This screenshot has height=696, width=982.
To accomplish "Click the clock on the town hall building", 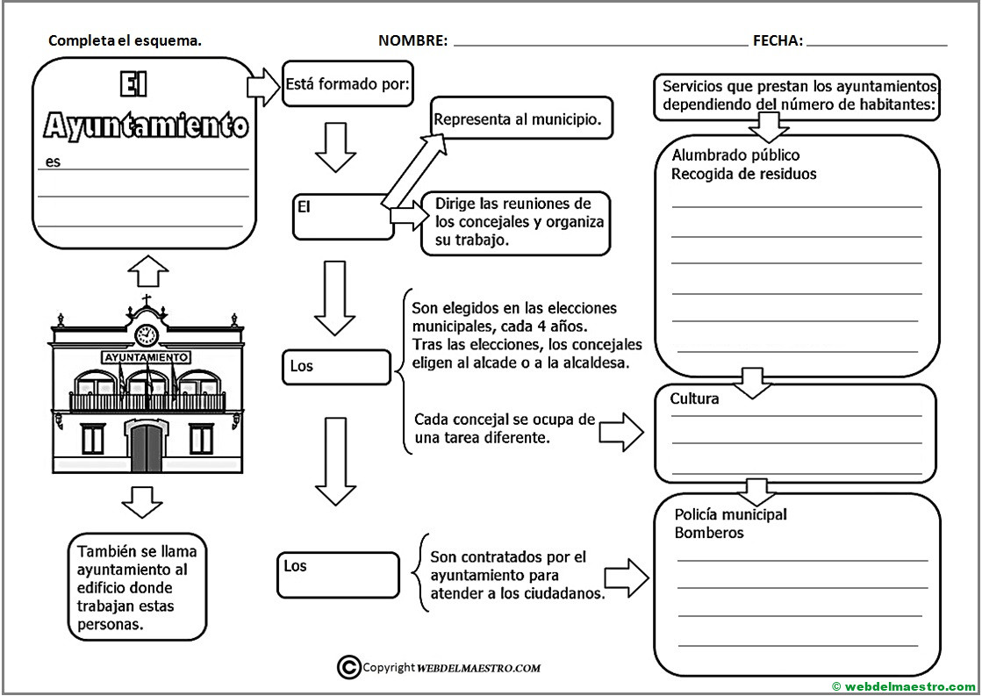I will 146,334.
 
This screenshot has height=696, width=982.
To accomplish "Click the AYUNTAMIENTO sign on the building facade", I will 146,357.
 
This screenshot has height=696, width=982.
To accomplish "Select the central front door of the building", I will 146,444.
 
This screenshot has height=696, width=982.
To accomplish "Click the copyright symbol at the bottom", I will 348,667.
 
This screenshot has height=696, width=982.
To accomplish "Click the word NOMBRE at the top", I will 412,40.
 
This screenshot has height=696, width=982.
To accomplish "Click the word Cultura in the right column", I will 695,398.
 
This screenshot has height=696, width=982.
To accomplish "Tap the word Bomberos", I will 709,533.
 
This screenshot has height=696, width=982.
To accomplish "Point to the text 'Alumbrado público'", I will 724,155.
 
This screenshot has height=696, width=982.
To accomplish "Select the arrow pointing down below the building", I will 141,501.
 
